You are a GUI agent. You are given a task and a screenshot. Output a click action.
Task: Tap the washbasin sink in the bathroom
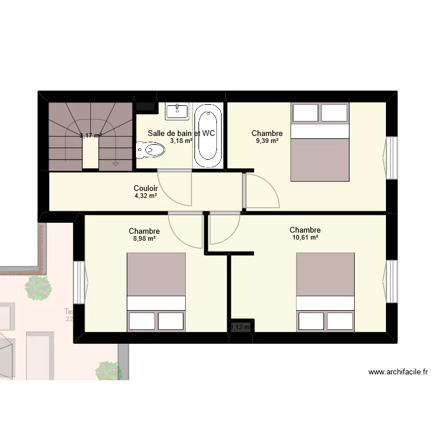[176, 111]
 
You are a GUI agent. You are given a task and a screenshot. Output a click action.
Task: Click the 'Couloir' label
[146, 188]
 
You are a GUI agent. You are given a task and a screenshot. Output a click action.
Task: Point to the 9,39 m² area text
[267, 141]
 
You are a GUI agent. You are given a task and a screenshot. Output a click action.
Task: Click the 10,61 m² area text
[305, 237]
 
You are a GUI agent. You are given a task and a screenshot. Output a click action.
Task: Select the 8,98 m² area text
[144, 238]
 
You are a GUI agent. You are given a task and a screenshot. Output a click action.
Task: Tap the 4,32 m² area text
[145, 196]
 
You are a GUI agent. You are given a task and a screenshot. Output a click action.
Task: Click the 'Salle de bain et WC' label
[181, 133]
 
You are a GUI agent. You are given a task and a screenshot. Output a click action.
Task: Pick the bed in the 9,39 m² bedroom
[320, 142]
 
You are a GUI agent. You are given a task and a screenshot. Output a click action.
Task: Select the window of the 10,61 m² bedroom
[391, 280]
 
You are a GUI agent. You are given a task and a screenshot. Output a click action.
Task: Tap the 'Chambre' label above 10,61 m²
[305, 230]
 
